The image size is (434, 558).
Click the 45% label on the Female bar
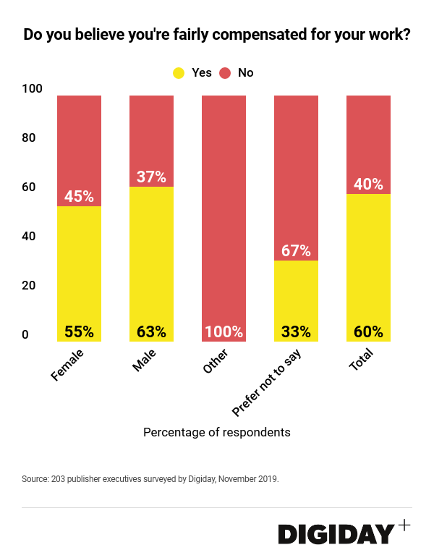pyautogui.click(x=79, y=196)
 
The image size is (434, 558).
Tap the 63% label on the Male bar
pyautogui.click(x=151, y=332)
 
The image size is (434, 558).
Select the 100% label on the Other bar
pyautogui.click(x=224, y=332)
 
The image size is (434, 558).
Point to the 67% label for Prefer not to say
pyautogui.click(x=296, y=250)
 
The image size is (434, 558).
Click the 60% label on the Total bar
pyautogui.click(x=368, y=332)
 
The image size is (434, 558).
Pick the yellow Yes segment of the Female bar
pyautogui.click(x=79, y=268)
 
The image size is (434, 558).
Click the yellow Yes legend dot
pyautogui.click(x=179, y=73)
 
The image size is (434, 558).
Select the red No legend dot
pyautogui.click(x=224, y=73)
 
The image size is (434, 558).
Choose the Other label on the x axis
pyautogui.click(x=215, y=363)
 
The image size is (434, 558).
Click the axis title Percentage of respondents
pyautogui.click(x=217, y=433)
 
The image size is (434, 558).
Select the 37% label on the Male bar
pyautogui.click(x=151, y=177)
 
